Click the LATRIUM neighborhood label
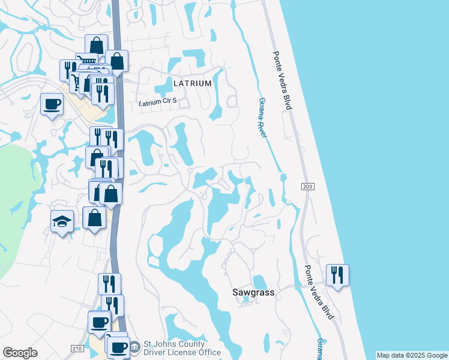pos(192,83)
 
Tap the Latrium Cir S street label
pos(158,103)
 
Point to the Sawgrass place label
pos(253,292)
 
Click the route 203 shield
pos(307,187)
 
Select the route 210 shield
pos(77,349)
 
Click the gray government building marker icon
pos(135,346)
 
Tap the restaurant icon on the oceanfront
pos(337,275)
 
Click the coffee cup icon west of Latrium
pos(52,104)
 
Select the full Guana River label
pos(261,118)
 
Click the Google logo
pos(20,353)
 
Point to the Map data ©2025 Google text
pos(411,355)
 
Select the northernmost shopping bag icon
pos(96,45)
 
